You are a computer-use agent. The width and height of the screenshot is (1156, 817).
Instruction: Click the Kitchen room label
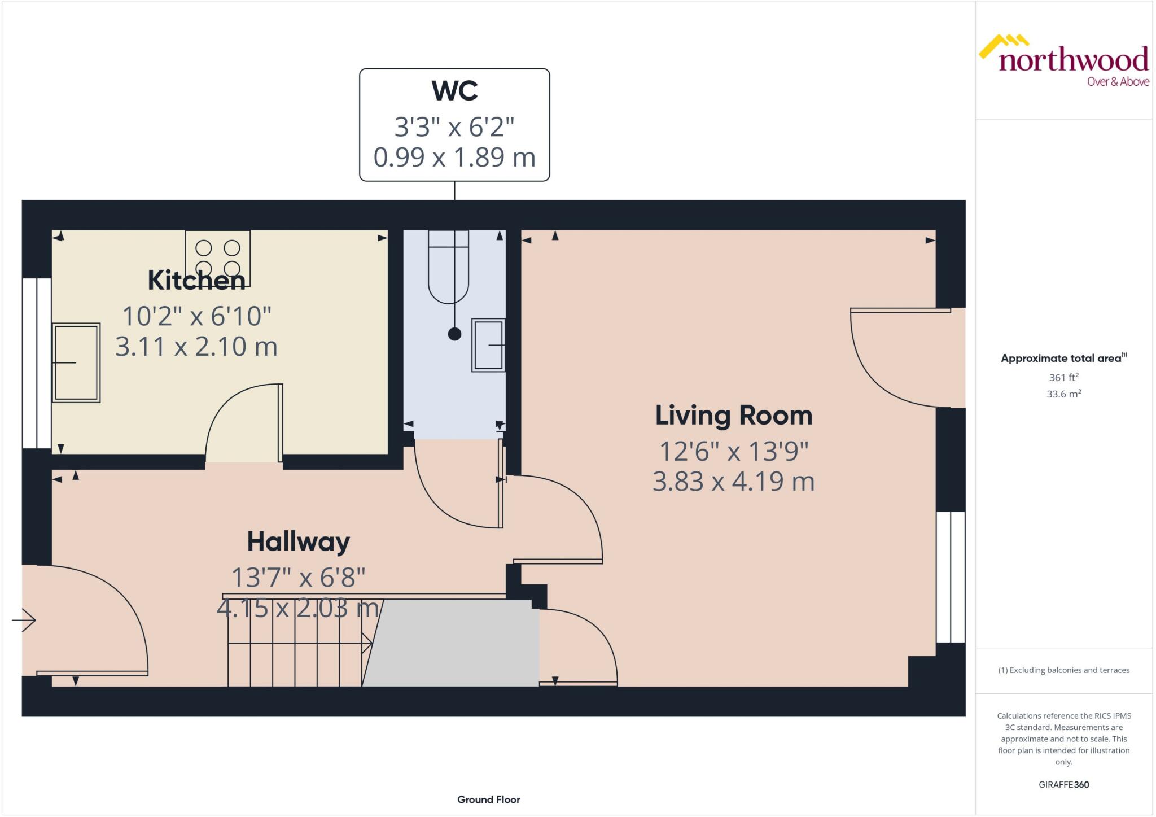tap(196, 281)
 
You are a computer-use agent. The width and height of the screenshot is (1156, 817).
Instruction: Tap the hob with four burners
tap(217, 257)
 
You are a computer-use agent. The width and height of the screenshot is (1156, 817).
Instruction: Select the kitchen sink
tap(76, 362)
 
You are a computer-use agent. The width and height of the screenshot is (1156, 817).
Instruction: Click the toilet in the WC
tap(449, 267)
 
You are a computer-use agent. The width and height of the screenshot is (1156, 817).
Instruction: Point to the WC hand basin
tap(488, 345)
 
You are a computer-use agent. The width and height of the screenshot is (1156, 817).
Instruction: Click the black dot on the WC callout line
tap(454, 334)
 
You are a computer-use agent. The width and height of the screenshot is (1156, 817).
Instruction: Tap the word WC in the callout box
tap(454, 91)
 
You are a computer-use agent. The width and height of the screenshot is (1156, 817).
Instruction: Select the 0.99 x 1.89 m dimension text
tap(454, 157)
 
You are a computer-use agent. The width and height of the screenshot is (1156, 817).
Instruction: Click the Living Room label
tap(733, 416)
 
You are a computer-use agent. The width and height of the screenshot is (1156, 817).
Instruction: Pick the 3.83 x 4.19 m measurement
tap(733, 482)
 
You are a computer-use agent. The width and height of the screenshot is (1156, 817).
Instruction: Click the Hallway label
tap(298, 542)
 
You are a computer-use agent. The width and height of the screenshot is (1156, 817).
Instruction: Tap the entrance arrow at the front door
tap(24, 620)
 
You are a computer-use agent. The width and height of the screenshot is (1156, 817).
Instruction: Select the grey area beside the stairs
tap(457, 644)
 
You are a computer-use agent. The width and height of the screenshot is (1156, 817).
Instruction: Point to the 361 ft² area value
tap(1063, 377)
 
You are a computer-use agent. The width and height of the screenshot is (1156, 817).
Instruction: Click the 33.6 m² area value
tap(1063, 394)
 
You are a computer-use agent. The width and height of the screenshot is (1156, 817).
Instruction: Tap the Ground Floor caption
tap(488, 799)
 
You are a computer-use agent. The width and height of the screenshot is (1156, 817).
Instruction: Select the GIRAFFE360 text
tap(1063, 784)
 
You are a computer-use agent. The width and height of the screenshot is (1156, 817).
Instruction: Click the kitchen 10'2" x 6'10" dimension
tap(196, 316)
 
